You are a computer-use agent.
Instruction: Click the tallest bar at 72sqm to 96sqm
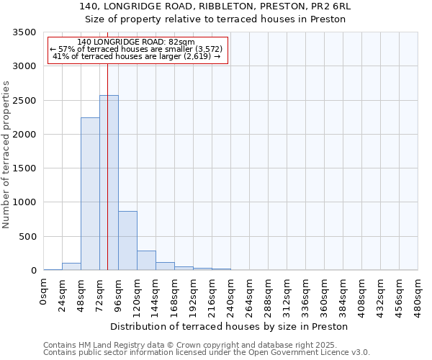[109, 183]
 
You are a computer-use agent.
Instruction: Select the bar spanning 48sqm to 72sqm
[90, 194]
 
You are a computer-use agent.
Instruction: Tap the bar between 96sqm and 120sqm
[127, 240]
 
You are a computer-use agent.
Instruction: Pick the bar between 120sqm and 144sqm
[146, 261]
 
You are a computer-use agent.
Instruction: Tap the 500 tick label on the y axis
[27, 237]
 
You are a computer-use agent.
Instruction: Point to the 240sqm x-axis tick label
[231, 293]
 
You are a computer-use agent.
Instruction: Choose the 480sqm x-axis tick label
[418, 293]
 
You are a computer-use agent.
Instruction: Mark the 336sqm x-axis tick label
[306, 293]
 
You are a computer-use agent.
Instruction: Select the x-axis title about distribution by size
[230, 326]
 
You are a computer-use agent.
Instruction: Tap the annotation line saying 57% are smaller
[137, 49]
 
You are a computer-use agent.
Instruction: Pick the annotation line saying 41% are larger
[137, 55]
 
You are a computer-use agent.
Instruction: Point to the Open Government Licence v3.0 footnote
[207, 353]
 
